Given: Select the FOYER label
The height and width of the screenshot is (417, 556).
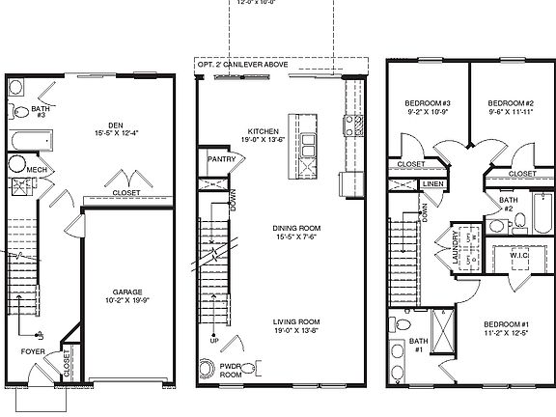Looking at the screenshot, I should click(x=33, y=352).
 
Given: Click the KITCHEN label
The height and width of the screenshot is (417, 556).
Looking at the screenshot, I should click(x=264, y=130).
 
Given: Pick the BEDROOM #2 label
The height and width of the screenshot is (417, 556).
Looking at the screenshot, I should click(x=511, y=102).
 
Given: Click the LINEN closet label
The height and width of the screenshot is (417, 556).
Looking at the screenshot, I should click(x=432, y=183).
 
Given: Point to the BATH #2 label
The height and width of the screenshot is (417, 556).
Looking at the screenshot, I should click(x=505, y=202).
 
